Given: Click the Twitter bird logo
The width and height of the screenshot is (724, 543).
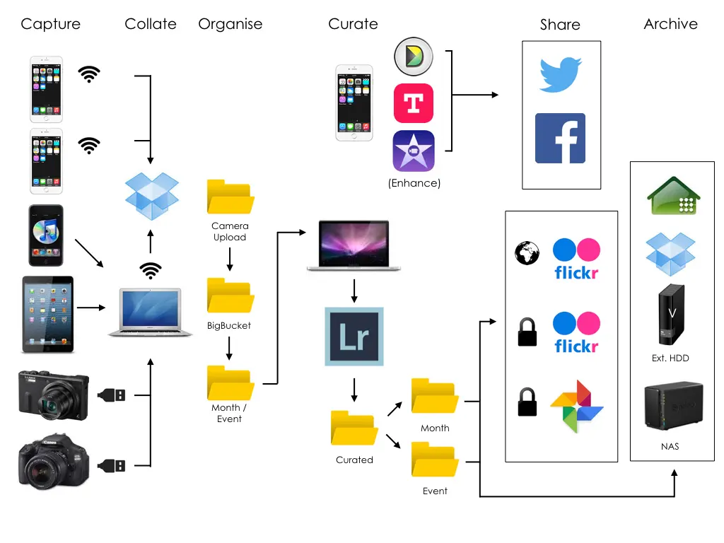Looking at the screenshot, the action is click(561, 75).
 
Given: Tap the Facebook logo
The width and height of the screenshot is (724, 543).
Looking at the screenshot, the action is click(560, 138).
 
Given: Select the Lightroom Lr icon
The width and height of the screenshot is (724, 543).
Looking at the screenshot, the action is click(354, 337).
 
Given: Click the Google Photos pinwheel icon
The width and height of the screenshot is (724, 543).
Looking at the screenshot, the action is click(577, 407).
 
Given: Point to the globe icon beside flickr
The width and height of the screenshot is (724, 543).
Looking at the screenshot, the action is click(527, 253).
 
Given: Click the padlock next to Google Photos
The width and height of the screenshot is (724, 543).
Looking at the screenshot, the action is click(527, 402).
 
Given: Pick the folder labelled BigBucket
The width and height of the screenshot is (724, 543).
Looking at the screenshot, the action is click(230, 296).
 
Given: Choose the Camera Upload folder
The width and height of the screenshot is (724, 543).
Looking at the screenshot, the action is click(230, 197).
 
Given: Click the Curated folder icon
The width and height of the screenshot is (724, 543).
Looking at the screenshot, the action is click(354, 428).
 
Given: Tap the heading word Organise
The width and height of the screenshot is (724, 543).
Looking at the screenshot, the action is click(230, 24).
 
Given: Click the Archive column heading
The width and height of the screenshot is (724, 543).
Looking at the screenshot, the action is click(670, 23).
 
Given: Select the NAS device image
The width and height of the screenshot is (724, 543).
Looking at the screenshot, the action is click(673, 405).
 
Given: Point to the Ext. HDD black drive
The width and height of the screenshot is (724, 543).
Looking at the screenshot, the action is click(672, 315).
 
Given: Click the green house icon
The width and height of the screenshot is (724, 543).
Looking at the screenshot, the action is click(674, 196).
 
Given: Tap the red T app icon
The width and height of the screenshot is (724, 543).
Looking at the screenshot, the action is click(413, 103).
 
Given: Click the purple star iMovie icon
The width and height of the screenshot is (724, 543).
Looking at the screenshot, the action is click(413, 151).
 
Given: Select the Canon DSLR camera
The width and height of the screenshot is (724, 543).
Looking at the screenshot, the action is click(54, 461).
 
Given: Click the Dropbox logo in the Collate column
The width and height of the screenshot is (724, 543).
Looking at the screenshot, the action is click(151, 196).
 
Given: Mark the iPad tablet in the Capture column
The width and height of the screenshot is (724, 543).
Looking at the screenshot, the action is click(47, 315).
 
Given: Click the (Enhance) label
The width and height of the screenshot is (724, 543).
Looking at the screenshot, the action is click(414, 183).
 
